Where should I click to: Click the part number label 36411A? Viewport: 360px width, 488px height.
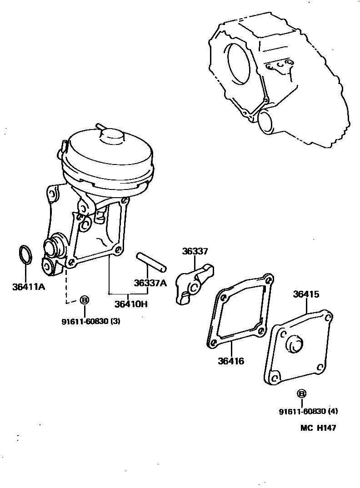tap(28, 287)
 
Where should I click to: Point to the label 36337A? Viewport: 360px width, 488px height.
tap(150, 283)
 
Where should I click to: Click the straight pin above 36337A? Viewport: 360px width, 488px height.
tap(152, 261)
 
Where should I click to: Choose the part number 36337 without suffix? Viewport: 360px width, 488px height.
tap(195, 251)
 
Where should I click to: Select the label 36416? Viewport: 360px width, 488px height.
tap(231, 361)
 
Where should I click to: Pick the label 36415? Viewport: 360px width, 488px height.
tap(306, 294)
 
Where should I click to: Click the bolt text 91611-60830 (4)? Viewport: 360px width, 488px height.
tap(309, 412)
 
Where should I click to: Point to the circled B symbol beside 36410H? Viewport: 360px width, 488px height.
tap(84, 300)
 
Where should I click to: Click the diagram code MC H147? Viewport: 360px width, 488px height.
tap(318, 428)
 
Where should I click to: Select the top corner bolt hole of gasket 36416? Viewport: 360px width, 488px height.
tap(268, 279)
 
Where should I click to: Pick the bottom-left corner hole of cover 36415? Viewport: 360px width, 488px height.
tap(275, 377)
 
